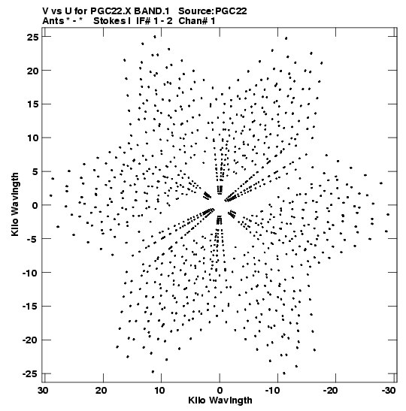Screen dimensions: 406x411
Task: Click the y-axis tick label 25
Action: pyautogui.click(x=33, y=38)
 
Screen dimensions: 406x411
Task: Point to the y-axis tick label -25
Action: pyautogui.click(x=30, y=373)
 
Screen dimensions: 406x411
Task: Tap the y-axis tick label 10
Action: pyautogui.click(x=33, y=138)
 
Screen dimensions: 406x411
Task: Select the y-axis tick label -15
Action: pyautogui.click(x=30, y=306)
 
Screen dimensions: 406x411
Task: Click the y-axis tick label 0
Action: pyautogui.click(x=35, y=205)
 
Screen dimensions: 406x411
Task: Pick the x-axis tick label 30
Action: pyautogui.click(x=43, y=390)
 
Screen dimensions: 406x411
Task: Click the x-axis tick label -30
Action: pyautogui.click(x=389, y=390)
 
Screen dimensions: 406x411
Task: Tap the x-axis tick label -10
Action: pyautogui.click(x=272, y=390)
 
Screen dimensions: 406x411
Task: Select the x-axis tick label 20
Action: pyautogui.click(x=101, y=390)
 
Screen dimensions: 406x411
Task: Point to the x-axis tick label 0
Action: pyautogui.click(x=220, y=390)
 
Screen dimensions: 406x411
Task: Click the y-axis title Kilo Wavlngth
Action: pyautogui.click(x=15, y=204)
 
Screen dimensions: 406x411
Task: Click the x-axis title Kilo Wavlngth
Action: pyautogui.click(x=220, y=400)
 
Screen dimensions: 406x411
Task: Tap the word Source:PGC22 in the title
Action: pyautogui.click(x=213, y=11)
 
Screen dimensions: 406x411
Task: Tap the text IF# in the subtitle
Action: pyautogui.click(x=144, y=21)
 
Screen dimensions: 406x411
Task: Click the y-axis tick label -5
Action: pyautogui.click(x=33, y=239)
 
